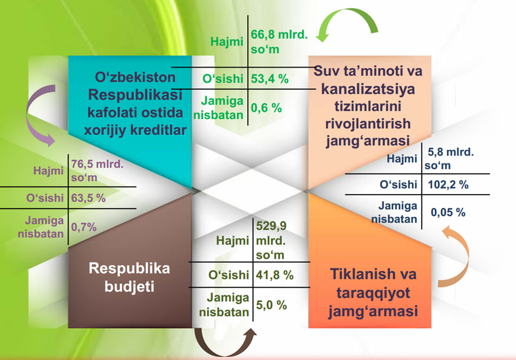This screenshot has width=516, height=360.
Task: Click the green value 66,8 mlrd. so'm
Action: pos(279,42)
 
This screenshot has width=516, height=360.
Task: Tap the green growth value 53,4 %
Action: pos(269,79)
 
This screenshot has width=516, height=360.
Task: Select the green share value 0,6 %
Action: pos(266,108)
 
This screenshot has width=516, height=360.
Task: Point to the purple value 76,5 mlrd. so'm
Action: pos(97,170)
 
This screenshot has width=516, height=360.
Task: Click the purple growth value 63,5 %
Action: pos(88,198)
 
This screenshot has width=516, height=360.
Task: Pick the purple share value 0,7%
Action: pos(84,227)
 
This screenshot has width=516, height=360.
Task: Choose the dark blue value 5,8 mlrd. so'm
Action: pos(449,158)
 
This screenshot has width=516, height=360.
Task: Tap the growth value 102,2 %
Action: pos(448,184)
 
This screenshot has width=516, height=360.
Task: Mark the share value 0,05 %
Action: pos(448,212)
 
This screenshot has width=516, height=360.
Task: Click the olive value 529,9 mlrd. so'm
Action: pos(271,241)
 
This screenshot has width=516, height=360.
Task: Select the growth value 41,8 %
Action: pos(274,275)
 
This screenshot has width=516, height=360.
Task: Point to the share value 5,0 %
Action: pos(271,305)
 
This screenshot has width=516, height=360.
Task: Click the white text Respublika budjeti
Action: pos(129,277)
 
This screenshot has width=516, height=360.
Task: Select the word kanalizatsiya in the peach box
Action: pos(368,89)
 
